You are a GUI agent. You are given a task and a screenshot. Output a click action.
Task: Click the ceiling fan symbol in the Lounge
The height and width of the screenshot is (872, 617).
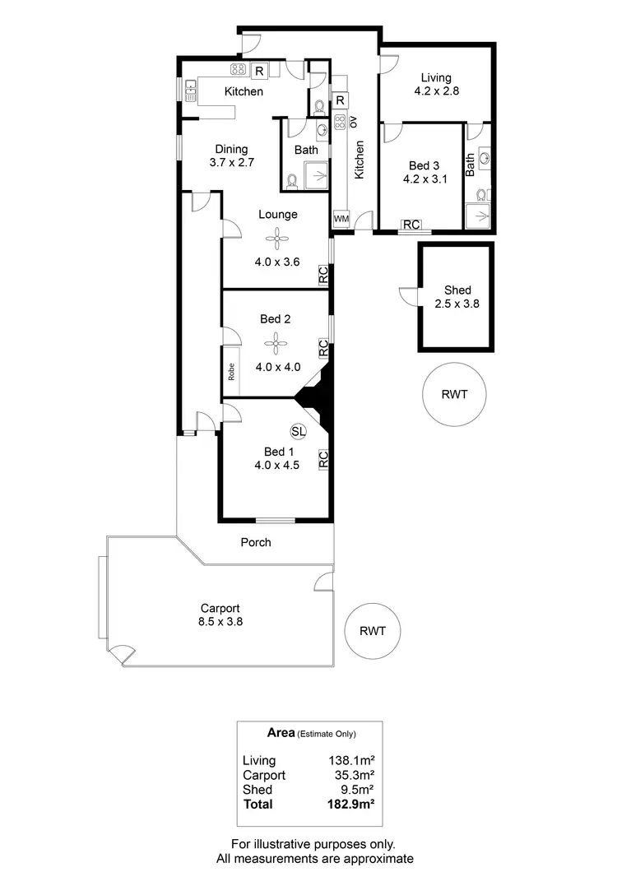point(278,240)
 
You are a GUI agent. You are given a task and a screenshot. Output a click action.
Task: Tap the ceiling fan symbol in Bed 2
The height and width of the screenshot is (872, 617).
point(278,343)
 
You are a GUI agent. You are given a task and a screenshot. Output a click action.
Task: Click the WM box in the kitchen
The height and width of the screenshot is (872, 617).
point(341,220)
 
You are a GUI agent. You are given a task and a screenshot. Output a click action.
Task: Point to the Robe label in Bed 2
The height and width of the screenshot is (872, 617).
point(232,375)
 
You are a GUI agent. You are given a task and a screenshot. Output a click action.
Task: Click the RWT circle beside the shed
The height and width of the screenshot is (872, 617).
point(453,394)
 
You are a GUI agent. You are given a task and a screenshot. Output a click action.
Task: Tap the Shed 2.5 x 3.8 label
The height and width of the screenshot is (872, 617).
point(457,296)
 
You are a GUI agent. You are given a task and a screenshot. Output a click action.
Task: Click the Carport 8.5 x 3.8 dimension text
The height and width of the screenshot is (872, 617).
point(220,615)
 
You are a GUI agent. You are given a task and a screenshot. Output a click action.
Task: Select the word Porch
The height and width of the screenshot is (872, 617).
point(256,542)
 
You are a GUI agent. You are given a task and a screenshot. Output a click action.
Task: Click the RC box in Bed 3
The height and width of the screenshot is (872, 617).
point(411,225)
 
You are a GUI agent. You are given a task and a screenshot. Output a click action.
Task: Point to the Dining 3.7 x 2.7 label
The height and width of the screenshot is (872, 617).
point(231,155)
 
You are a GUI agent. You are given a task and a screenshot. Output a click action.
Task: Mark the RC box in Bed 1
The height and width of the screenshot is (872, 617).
point(323,460)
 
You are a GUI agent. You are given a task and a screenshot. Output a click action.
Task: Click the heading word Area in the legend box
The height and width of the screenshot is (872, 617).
point(281,731)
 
